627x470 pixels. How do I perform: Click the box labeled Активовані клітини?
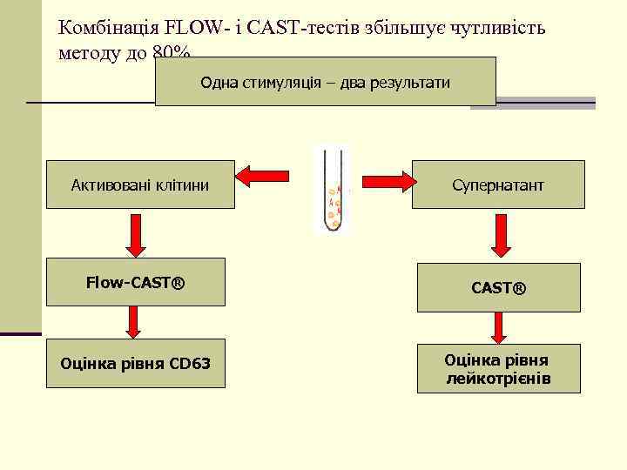[140, 185]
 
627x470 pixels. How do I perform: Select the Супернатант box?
[498, 185]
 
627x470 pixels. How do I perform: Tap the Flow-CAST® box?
[135, 282]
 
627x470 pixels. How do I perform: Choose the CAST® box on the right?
[498, 287]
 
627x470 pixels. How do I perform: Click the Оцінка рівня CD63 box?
[135, 363]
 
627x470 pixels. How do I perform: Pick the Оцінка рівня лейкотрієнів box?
[498, 370]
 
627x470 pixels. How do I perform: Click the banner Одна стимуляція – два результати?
[325, 83]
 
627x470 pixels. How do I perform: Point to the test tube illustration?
[334, 190]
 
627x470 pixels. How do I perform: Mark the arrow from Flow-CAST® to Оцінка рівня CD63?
[133, 321]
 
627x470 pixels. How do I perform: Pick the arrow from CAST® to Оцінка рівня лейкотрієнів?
[499, 327]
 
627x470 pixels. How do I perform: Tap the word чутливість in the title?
[501, 28]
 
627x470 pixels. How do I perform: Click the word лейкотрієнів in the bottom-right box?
[498, 379]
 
